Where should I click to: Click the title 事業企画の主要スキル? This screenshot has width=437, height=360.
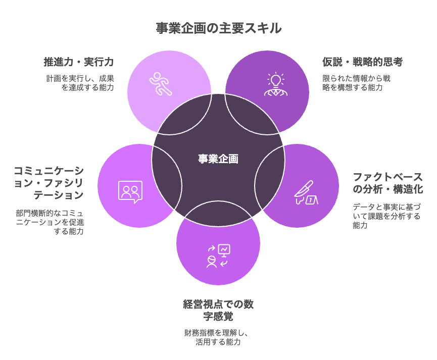(x=218, y=28)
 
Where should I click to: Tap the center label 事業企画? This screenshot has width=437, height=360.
(x=218, y=159)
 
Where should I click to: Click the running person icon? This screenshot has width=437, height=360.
(x=160, y=84)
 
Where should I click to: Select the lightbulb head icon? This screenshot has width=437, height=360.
(x=276, y=84)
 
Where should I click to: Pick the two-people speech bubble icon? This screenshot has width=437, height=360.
(x=130, y=192)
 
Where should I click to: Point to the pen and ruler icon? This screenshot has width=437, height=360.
(x=306, y=192)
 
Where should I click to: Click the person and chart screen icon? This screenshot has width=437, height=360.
(x=218, y=256)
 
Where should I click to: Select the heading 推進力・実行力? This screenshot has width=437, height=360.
(x=79, y=62)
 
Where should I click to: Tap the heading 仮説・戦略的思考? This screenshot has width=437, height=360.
(x=363, y=62)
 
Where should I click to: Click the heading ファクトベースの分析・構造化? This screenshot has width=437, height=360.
(x=388, y=183)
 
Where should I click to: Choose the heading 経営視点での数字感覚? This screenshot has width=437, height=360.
(x=218, y=310)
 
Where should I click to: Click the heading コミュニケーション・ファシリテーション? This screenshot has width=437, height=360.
(x=49, y=183)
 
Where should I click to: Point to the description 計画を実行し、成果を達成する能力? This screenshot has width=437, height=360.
(x=80, y=83)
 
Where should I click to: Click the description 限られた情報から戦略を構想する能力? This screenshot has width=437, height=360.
(x=357, y=83)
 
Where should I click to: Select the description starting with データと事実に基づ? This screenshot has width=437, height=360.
(x=386, y=216)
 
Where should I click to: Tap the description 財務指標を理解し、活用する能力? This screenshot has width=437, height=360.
(x=216, y=337)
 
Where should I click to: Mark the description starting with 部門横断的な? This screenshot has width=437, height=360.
(x=50, y=222)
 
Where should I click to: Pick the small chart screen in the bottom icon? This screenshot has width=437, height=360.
(x=224, y=250)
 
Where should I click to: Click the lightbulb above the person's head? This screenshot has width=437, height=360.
(x=276, y=80)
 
